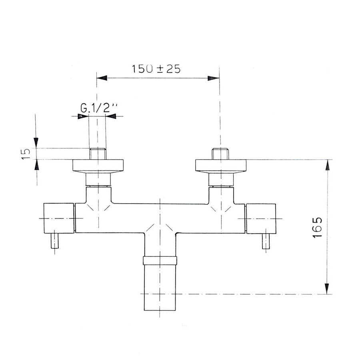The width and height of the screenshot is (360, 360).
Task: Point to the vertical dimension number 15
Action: pos(25,154)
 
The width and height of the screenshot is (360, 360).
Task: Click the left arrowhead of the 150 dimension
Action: pos(102,78)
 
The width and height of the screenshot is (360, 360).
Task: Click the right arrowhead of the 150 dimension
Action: pos(214,78)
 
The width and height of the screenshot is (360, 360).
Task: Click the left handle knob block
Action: pos(59,218)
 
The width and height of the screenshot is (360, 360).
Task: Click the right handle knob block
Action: pos(260,218)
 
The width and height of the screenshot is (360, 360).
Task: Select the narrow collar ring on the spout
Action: pos(160,261)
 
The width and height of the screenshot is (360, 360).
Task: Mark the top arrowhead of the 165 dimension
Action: pos(328,165)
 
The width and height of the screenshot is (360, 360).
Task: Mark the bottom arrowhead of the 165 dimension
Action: pos(328,289)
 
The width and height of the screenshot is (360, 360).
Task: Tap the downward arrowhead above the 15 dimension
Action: pos(36,143)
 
